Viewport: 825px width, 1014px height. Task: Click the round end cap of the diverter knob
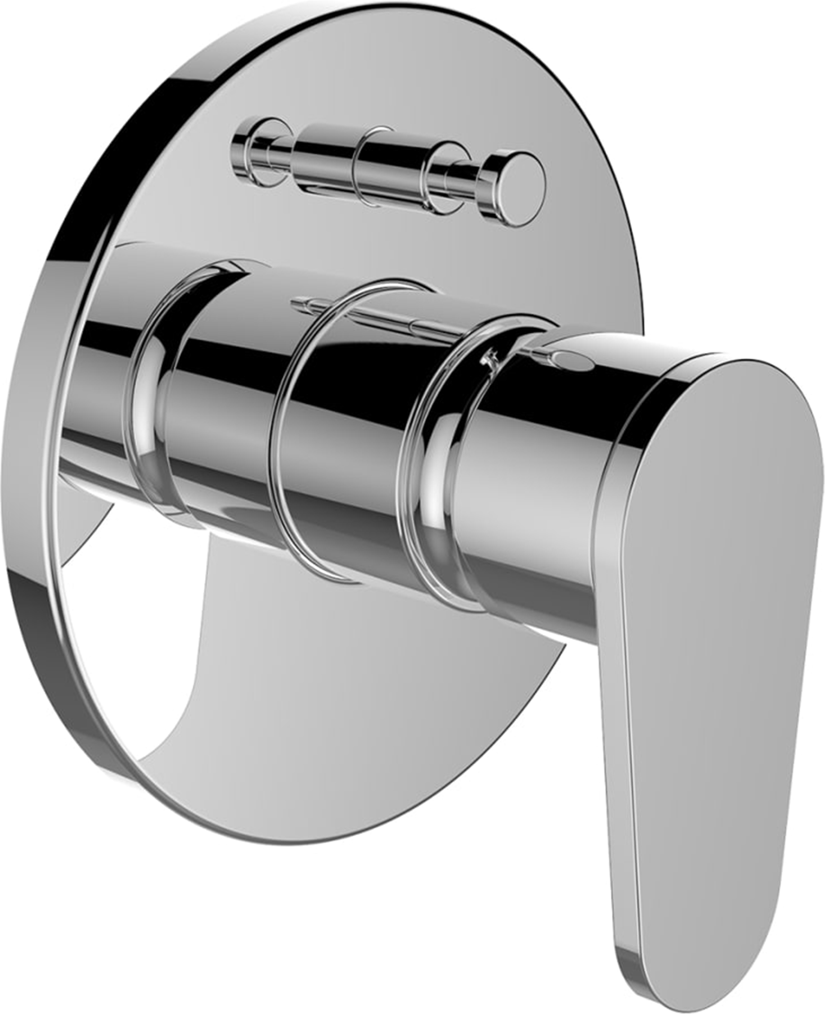(518, 189)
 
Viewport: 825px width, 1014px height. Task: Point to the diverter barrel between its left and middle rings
(323, 159)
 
